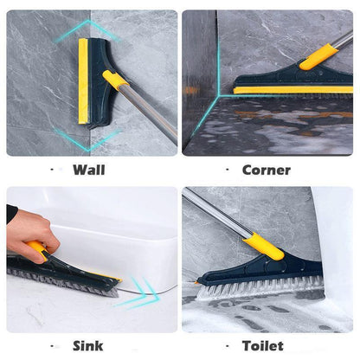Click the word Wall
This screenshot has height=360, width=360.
point(89,170)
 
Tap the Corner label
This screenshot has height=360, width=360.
point(266,170)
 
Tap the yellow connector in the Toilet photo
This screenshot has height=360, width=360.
point(263,246)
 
